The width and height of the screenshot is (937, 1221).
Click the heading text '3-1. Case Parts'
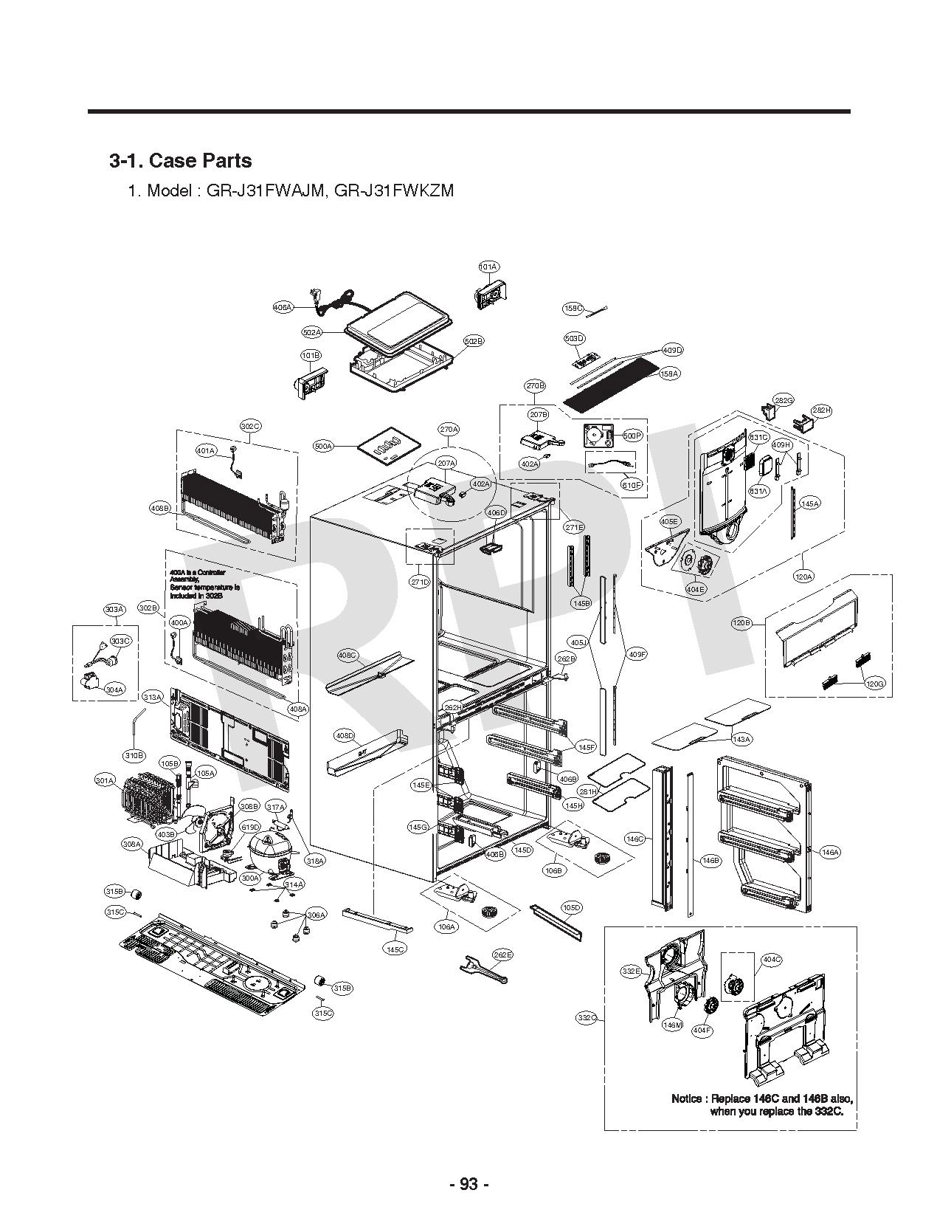click(180, 161)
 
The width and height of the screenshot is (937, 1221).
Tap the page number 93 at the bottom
click(468, 1184)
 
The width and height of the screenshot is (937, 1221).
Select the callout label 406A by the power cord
click(283, 306)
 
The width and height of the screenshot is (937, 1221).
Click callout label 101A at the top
click(488, 266)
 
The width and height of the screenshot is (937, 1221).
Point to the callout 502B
click(474, 341)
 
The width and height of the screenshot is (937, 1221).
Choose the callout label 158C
click(573, 308)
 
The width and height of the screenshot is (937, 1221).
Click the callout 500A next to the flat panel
click(323, 447)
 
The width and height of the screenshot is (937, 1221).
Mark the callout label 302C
click(251, 426)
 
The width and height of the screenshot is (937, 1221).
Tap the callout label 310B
click(134, 756)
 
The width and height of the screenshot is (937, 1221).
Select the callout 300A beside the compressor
click(250, 878)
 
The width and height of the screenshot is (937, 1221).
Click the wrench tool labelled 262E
click(481, 969)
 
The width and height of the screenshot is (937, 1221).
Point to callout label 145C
click(395, 949)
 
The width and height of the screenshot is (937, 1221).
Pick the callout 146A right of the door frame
click(830, 852)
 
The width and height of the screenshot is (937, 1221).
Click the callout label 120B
click(741, 623)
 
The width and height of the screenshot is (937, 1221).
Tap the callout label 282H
click(821, 410)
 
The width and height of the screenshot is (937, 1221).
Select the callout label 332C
click(587, 1018)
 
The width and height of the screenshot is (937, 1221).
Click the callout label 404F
click(702, 1030)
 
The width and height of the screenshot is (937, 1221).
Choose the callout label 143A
click(741, 739)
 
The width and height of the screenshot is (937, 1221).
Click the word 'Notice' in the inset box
click(686, 1098)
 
